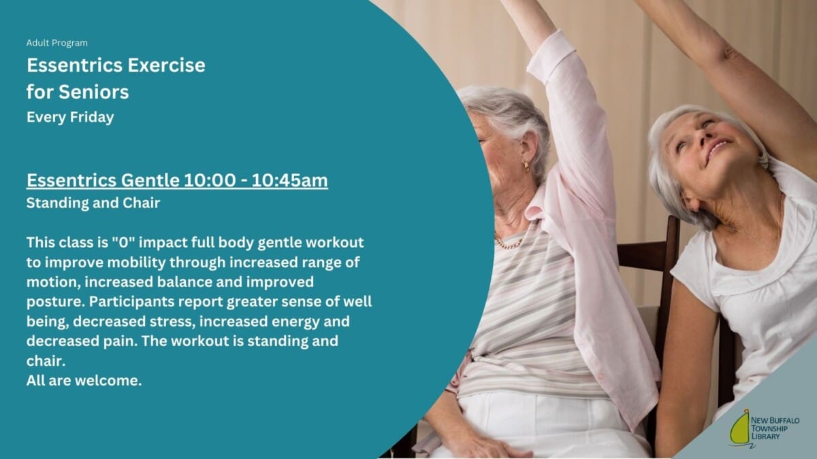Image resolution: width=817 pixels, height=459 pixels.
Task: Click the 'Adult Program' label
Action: click(x=57, y=43)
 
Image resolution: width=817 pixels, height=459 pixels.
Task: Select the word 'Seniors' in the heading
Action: click(x=94, y=91)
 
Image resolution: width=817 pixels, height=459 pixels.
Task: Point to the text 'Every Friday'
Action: click(x=70, y=117)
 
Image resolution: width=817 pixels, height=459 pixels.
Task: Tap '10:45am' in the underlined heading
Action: click(x=289, y=180)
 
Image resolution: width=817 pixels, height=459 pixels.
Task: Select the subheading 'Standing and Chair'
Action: click(x=93, y=203)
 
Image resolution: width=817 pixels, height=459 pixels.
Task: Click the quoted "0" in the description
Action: click(x=124, y=242)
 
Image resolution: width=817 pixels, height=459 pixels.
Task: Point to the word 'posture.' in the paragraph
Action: click(x=55, y=302)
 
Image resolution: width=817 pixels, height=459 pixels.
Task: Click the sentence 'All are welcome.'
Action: click(x=84, y=381)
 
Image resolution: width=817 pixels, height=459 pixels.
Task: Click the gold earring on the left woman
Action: click(x=526, y=167)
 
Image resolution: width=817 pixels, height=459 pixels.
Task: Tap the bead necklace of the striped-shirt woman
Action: click(x=508, y=243)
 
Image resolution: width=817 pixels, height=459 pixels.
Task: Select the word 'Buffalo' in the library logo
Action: click(x=783, y=420)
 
